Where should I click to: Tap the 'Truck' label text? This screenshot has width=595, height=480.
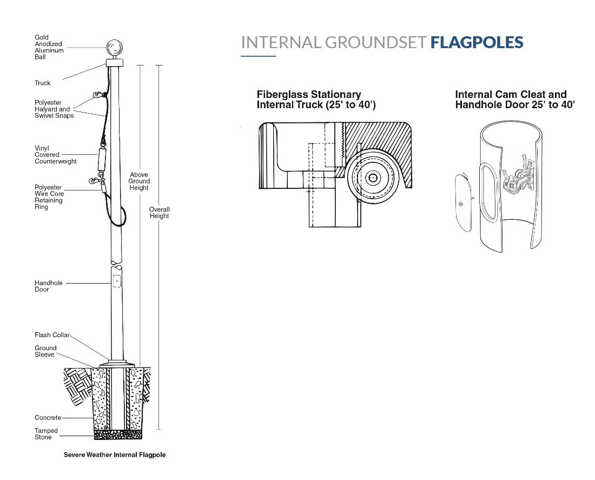click(x=42, y=83)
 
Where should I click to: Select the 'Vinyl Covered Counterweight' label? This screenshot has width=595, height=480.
click(x=55, y=155)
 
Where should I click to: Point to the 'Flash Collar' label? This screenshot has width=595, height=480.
click(x=52, y=335)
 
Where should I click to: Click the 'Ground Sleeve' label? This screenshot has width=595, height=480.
click(x=45, y=351)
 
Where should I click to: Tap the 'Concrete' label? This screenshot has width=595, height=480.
click(x=48, y=418)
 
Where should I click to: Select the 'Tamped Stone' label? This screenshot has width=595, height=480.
click(x=46, y=434)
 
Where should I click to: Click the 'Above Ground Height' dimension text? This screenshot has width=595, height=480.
click(x=139, y=181)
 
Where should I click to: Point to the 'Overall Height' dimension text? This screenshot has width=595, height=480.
click(x=160, y=213)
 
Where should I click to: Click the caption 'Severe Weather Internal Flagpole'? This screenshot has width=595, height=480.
click(x=115, y=455)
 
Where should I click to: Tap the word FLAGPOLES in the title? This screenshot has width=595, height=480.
click(x=477, y=42)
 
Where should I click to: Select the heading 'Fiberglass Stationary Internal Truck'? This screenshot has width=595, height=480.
click(x=316, y=100)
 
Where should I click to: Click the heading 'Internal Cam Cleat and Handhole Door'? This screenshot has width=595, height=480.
click(x=514, y=100)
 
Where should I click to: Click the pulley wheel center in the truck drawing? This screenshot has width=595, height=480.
click(x=373, y=177)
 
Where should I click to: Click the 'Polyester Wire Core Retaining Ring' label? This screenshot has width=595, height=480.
click(x=49, y=197)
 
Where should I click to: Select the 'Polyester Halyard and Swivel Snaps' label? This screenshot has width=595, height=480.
click(x=54, y=109)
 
